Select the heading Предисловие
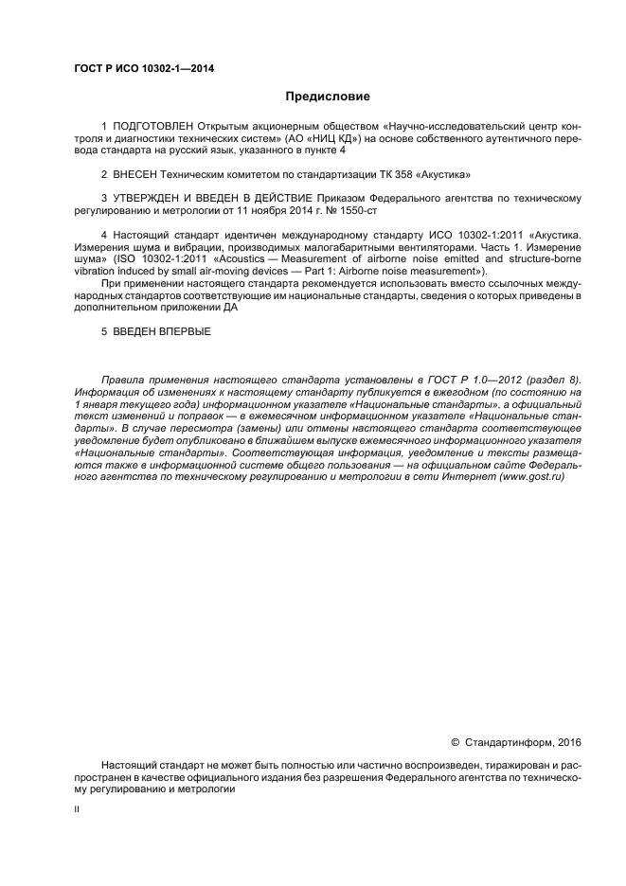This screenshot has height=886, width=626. [x=327, y=97]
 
